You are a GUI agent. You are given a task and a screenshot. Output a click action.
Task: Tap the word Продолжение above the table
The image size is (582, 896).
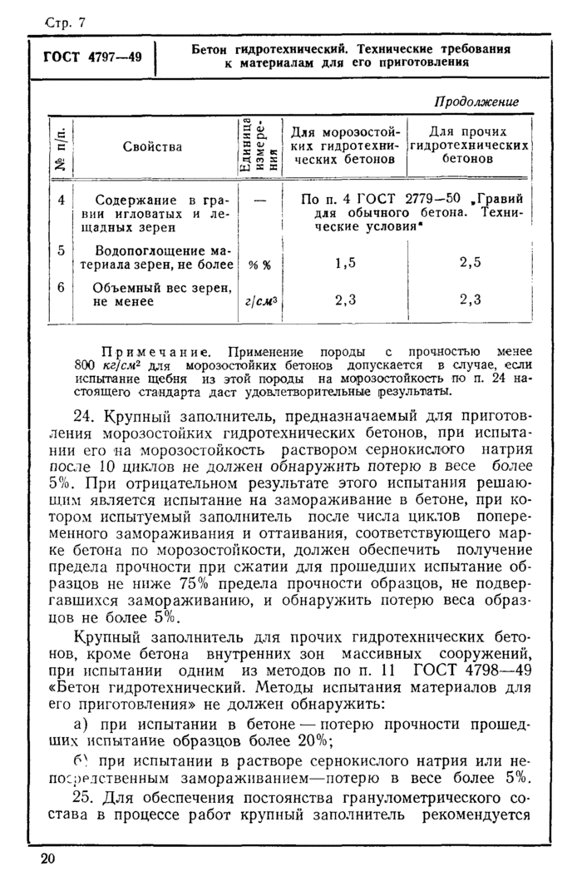click(x=476, y=101)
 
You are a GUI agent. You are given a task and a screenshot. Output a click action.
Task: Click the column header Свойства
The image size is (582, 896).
click(x=152, y=146)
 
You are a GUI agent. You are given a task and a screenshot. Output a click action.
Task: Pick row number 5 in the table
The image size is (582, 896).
click(x=61, y=249)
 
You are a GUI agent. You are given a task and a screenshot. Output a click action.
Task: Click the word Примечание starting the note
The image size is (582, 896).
click(x=156, y=352)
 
